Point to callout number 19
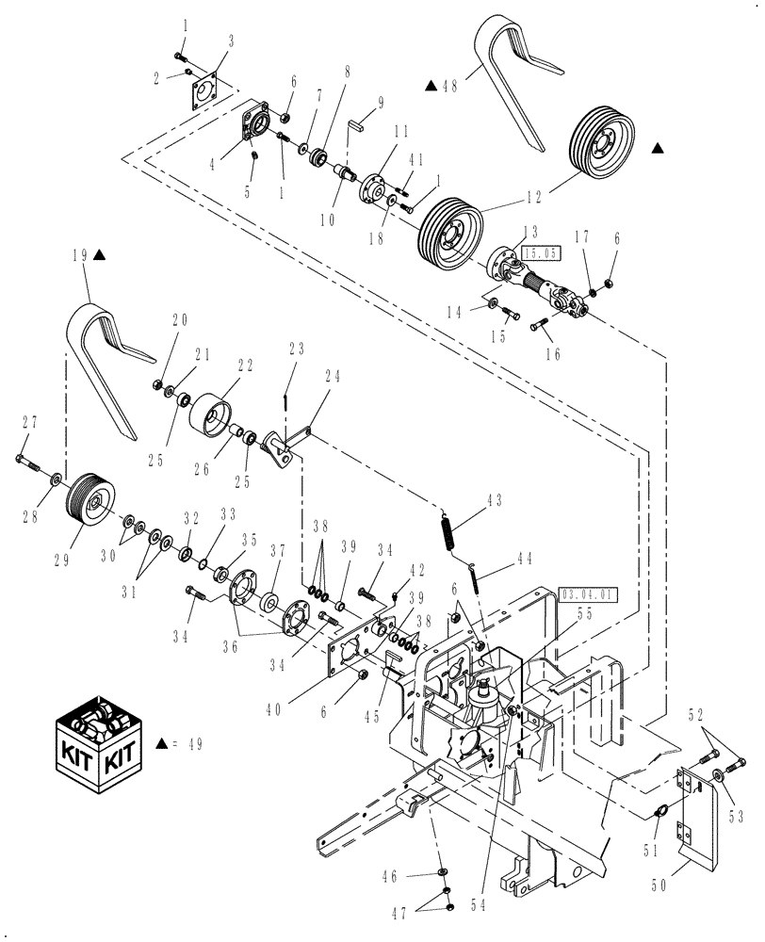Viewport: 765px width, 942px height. [x=79, y=254]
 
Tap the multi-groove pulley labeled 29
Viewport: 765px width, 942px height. [x=86, y=496]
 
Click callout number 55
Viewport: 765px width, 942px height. [x=583, y=611]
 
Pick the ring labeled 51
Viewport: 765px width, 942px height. [x=662, y=809]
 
